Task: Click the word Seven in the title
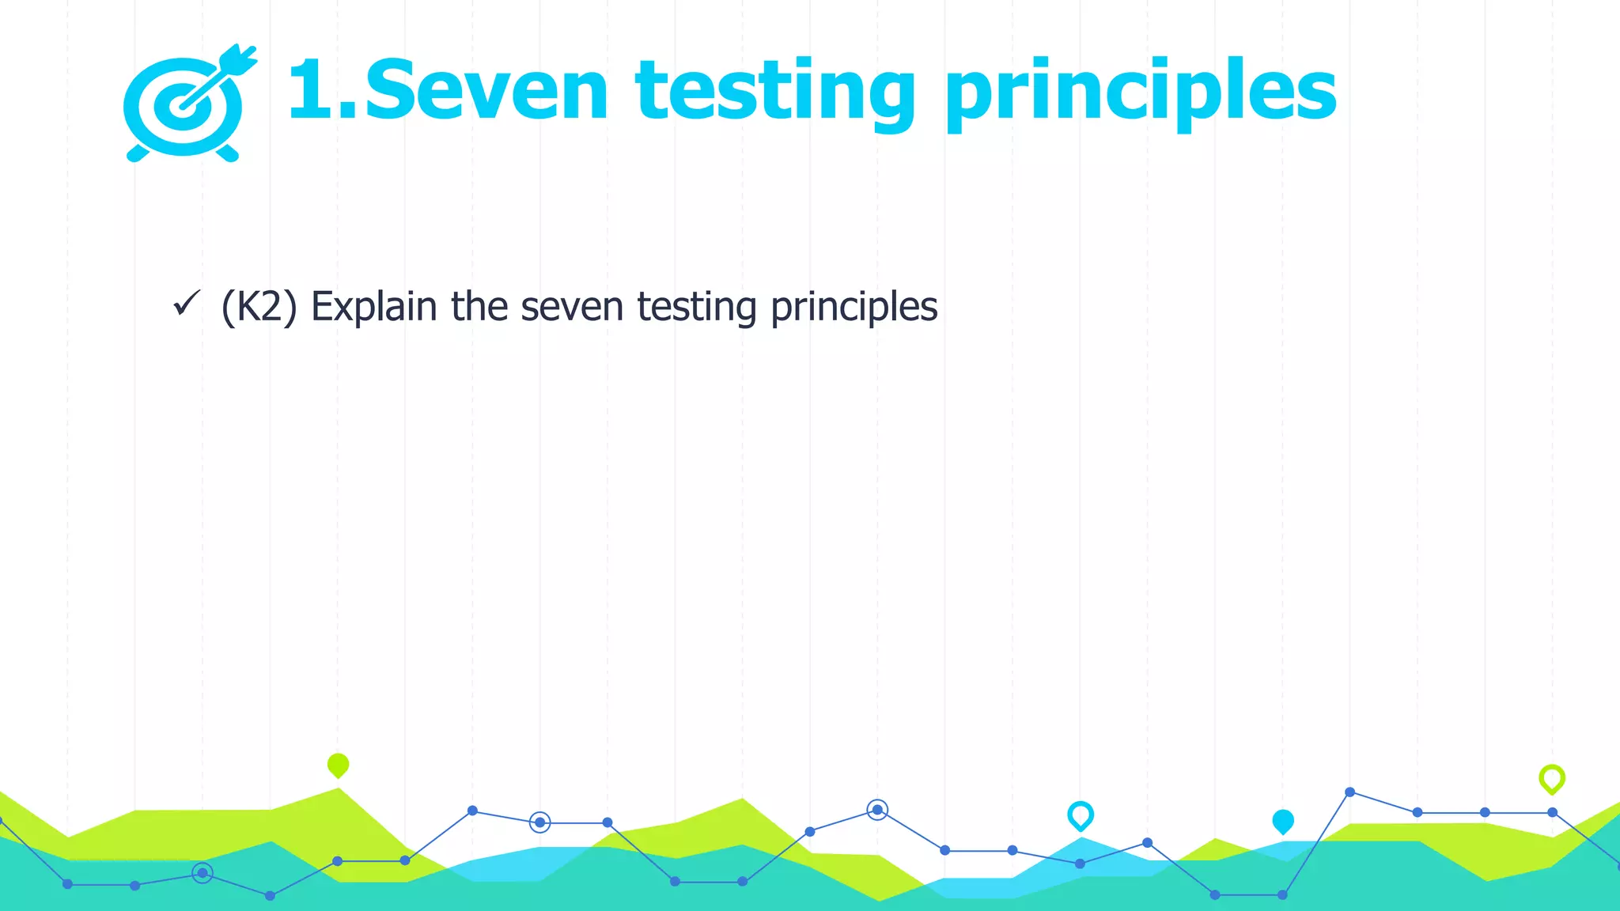(486, 92)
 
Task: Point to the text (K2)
(259, 307)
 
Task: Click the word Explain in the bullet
(373, 307)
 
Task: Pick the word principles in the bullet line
(854, 307)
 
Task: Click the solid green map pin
(338, 765)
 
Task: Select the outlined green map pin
(1552, 779)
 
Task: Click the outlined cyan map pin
(1081, 815)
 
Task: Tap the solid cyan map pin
(1283, 822)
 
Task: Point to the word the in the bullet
(479, 307)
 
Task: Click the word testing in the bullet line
(697, 307)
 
